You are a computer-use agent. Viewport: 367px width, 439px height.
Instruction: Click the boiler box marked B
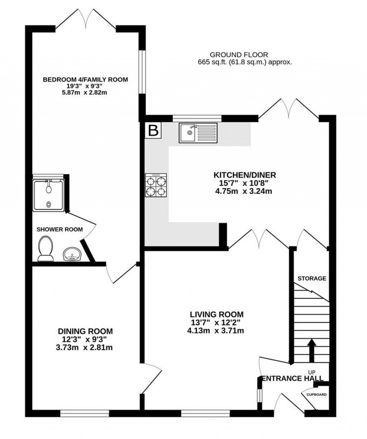[x=153, y=130]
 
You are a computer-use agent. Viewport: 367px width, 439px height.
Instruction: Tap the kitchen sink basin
[x=187, y=133]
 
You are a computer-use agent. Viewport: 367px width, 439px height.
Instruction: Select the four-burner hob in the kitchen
[x=156, y=185]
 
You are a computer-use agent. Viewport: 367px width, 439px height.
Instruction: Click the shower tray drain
[x=49, y=204]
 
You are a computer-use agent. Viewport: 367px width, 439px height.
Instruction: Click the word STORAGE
[x=312, y=279]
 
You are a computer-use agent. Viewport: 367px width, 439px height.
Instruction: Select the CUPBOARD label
[x=316, y=395]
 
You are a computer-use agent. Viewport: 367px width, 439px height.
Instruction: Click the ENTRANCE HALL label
[x=292, y=379]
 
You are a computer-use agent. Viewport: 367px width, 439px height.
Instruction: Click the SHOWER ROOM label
[x=59, y=229]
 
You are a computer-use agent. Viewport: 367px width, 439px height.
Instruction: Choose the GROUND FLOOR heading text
[x=239, y=55]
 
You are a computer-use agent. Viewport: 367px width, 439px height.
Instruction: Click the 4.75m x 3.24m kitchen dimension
[x=244, y=191]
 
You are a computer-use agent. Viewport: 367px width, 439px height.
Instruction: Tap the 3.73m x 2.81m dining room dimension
[x=84, y=347]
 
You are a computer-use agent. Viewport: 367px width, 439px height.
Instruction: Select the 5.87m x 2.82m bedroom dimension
[x=85, y=93]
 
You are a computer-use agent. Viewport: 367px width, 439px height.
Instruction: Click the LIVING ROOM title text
[x=217, y=314]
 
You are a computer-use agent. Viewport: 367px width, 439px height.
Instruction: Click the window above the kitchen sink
[x=197, y=118]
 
